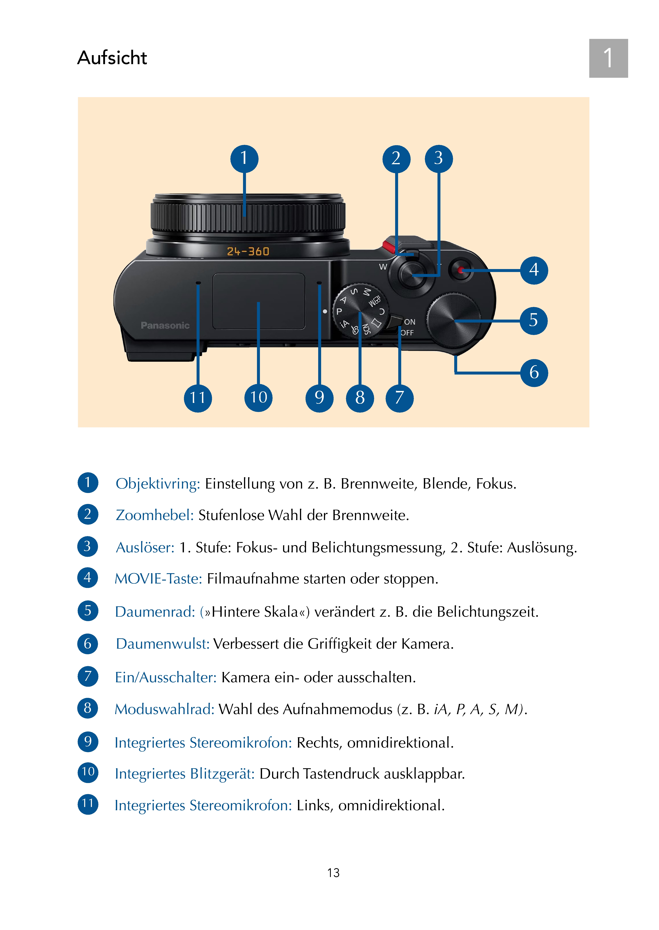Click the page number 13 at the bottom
point(333,872)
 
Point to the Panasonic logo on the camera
point(165,325)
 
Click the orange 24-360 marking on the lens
point(248,251)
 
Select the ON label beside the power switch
point(409,322)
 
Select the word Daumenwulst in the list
point(162,644)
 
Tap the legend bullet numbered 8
point(88,708)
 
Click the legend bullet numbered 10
point(88,772)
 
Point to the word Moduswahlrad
point(164,709)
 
